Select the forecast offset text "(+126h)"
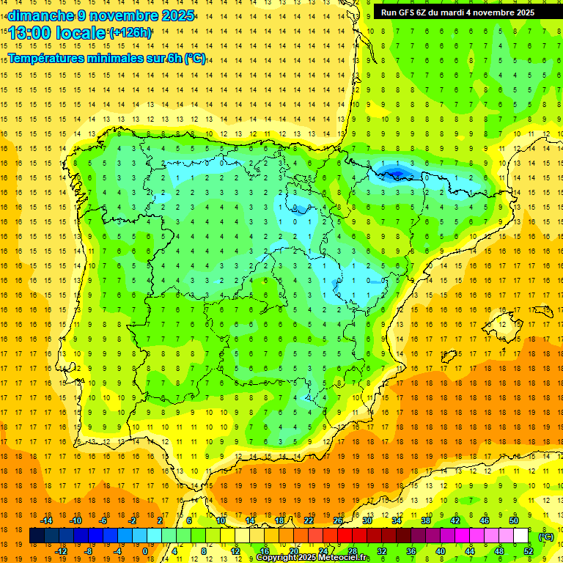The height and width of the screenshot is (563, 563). (x=130, y=32)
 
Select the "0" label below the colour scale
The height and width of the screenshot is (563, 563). (x=145, y=551)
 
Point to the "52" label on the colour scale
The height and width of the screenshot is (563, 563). (x=529, y=551)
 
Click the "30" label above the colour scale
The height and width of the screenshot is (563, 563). (x=367, y=520)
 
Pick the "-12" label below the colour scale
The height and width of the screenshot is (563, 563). (x=61, y=551)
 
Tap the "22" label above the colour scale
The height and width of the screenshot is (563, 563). (x=309, y=520)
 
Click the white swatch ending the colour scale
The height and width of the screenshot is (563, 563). (x=521, y=536)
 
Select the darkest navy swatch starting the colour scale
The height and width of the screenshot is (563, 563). (x=37, y=536)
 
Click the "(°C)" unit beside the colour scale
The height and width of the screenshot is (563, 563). (x=546, y=537)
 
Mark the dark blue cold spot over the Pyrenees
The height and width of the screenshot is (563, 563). (x=396, y=172)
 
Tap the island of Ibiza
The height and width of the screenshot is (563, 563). (x=446, y=356)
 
